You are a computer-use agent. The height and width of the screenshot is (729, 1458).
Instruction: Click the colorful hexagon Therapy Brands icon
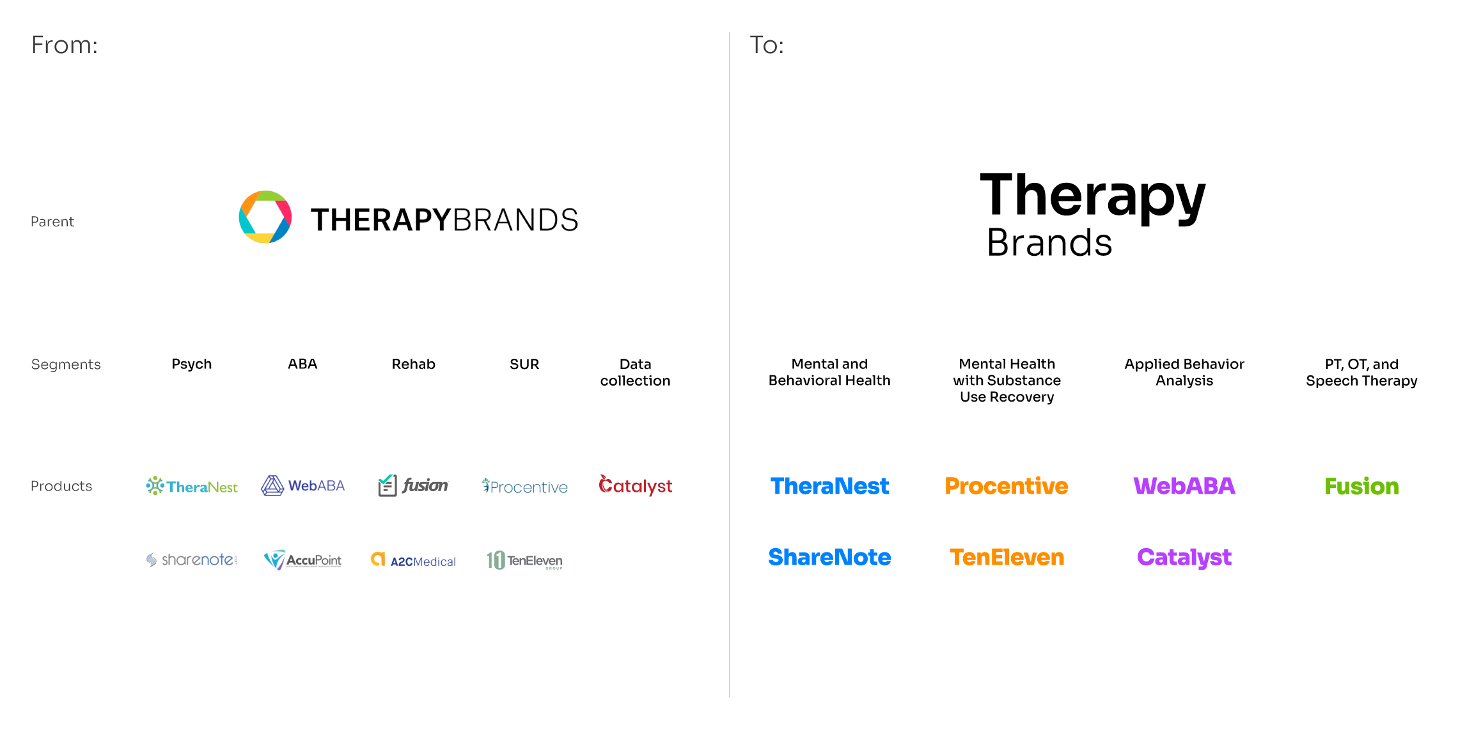tap(265, 217)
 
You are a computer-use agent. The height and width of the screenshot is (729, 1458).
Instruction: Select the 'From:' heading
tap(65, 45)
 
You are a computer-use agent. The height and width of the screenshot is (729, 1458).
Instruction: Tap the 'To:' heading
tap(767, 45)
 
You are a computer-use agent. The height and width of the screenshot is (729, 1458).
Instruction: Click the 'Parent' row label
tap(52, 222)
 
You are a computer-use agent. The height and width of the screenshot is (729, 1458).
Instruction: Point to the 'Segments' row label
tap(66, 364)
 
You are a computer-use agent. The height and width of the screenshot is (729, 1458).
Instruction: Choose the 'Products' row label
tap(61, 486)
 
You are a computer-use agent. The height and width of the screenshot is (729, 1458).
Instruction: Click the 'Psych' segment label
tap(191, 364)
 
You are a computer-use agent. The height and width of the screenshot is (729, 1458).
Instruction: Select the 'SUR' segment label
tap(524, 364)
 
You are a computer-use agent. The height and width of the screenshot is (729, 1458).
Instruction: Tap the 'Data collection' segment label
tap(635, 372)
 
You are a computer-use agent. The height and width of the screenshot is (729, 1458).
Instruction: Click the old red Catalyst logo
tap(635, 486)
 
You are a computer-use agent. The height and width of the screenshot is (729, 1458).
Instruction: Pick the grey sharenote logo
tap(192, 560)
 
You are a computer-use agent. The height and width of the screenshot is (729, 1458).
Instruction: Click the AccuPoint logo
tap(303, 560)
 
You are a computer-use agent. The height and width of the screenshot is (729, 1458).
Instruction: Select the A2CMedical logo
tap(414, 561)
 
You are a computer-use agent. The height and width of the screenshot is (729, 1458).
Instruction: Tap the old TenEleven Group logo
tap(524, 561)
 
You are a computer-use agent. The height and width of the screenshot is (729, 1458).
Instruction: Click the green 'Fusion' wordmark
tap(1361, 487)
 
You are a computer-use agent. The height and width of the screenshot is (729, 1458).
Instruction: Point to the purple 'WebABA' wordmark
tap(1184, 486)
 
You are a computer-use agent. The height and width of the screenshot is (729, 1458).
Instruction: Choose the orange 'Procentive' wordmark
tap(1007, 486)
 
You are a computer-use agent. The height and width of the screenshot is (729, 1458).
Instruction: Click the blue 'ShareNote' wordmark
tap(829, 558)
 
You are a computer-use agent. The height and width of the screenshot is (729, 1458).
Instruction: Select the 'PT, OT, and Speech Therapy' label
tap(1361, 372)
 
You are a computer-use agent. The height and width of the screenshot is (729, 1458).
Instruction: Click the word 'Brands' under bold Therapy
tap(1049, 243)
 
